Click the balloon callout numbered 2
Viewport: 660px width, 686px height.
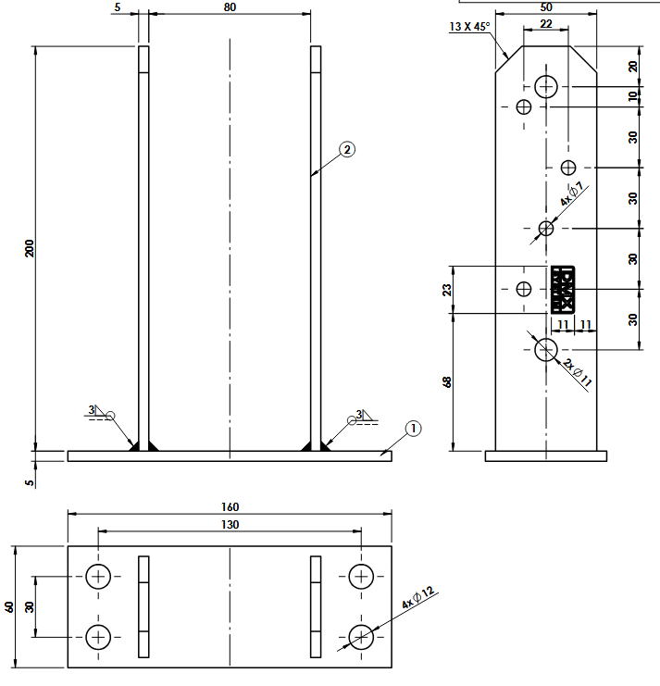[x=346, y=149]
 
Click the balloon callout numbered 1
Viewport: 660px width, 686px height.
[x=413, y=428]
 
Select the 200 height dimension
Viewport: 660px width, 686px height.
[x=30, y=248]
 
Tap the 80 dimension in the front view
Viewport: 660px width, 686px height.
[x=230, y=7]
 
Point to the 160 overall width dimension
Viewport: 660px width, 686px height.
[x=230, y=506]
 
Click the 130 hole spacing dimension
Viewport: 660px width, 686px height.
[x=230, y=525]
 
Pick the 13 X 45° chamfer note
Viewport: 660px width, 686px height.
[x=470, y=27]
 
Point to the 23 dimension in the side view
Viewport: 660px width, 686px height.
[x=449, y=289]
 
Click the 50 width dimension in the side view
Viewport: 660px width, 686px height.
[x=545, y=7]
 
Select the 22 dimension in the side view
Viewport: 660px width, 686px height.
[x=546, y=25]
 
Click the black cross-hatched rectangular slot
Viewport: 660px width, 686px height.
[x=563, y=290]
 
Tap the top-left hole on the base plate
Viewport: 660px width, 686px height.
[x=99, y=577]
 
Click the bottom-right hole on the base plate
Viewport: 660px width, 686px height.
[x=361, y=636]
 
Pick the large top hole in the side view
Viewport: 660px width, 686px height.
[x=546, y=87]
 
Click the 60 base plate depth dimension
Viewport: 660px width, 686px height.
[x=9, y=606]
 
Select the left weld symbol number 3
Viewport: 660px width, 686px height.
[x=92, y=409]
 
